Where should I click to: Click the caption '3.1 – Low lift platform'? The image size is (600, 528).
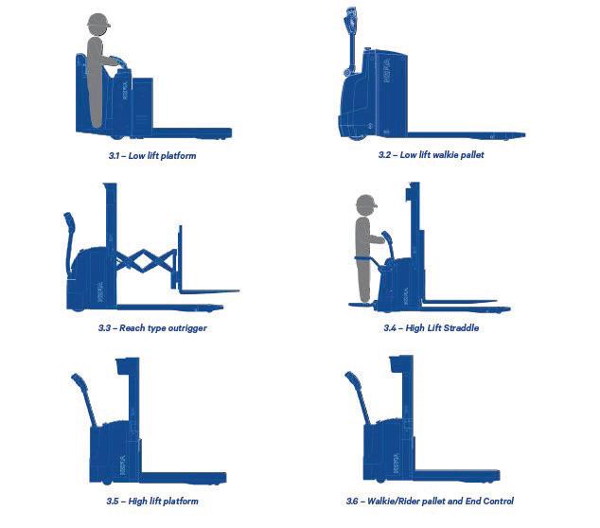tap(152, 156)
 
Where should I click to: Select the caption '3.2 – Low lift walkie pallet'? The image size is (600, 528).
tap(432, 155)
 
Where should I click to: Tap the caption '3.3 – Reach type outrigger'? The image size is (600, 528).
tap(152, 328)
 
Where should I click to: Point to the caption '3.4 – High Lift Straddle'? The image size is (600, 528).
tap(432, 328)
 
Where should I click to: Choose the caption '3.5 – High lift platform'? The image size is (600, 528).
tap(152, 501)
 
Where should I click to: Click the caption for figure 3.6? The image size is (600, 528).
tap(430, 501)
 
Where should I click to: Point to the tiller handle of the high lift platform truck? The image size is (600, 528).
tap(84, 398)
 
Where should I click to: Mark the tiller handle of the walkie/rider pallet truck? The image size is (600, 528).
tap(358, 397)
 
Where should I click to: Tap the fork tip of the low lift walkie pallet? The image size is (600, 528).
tap(522, 134)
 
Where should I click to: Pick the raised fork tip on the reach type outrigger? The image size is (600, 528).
tap(237, 291)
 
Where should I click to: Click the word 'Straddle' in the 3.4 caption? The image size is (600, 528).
tap(461, 328)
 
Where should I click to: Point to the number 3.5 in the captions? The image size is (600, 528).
tap(112, 501)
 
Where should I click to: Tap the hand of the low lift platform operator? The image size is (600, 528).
tap(115, 61)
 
